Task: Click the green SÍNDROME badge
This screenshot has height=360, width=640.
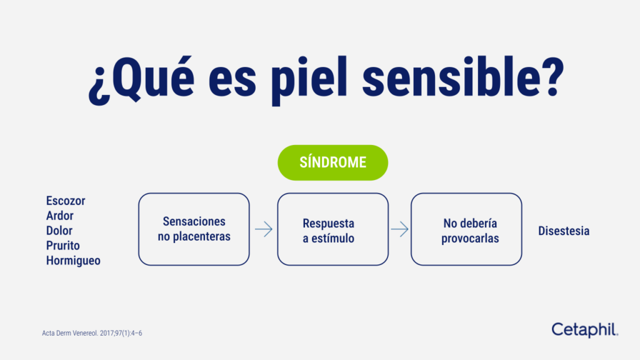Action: [x=332, y=162]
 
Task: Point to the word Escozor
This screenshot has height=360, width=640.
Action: [x=66, y=201]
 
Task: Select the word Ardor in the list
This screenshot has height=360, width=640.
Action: [x=60, y=216]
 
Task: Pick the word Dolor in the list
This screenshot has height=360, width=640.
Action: [x=59, y=231]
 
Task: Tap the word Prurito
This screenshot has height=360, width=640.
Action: [x=63, y=246]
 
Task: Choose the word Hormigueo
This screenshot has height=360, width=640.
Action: [x=73, y=261]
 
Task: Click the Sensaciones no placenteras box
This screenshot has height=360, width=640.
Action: [x=194, y=229]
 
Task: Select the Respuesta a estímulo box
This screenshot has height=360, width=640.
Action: [x=332, y=229]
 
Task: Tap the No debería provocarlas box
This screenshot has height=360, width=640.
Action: [x=466, y=229]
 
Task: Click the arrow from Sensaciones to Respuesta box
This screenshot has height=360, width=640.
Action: [x=264, y=229]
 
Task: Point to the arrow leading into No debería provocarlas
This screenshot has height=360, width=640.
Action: [x=399, y=229]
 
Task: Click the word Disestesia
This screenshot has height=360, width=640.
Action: [x=564, y=231]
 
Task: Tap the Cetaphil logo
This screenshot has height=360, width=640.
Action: [x=584, y=329]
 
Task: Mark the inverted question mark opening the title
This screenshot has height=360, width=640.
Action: [x=99, y=84]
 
